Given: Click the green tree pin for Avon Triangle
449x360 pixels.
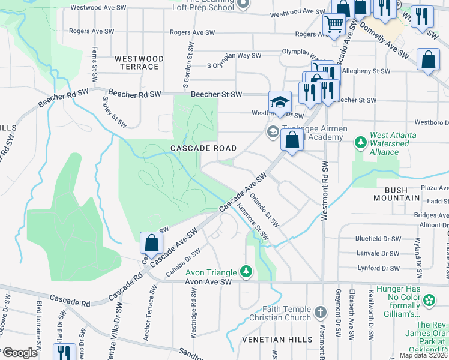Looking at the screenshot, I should [246, 271].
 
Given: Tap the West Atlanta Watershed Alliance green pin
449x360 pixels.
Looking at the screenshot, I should [360, 143].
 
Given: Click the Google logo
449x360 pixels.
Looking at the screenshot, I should [20, 353].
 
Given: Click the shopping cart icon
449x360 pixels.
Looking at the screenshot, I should [334, 25].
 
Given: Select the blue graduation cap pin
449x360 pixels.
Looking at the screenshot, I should [279, 101].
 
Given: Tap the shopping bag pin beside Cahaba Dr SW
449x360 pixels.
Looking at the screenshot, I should [151, 242].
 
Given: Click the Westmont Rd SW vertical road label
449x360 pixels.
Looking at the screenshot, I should [325, 190].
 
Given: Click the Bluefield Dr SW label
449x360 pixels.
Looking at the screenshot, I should [377, 238].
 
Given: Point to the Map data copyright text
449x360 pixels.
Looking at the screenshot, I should [424, 355].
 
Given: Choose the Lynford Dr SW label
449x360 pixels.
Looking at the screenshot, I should [378, 268].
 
